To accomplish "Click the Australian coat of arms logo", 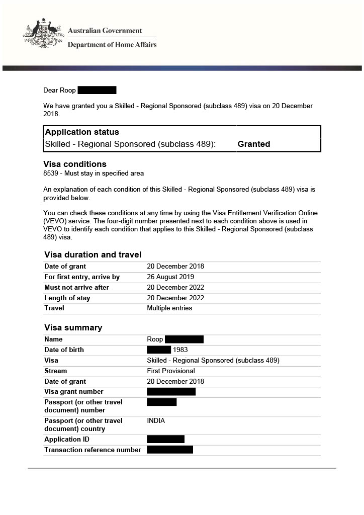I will (x=42, y=34).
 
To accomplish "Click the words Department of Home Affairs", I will (x=112, y=45).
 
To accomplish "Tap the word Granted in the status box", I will (x=253, y=144).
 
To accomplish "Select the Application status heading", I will (x=82, y=132).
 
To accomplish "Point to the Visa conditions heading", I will (x=75, y=164).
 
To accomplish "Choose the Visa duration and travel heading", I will (x=93, y=254).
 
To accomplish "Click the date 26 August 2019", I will (x=170, y=277).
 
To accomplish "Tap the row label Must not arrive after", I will (x=76, y=288).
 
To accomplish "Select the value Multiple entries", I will (x=169, y=308).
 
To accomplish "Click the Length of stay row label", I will (x=67, y=298).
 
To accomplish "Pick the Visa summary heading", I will (x=73, y=328).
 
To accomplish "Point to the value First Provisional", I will (x=170, y=371).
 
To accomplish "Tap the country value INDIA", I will (x=156, y=421).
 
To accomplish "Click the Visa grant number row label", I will (x=74, y=392).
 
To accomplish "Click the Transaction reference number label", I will (x=93, y=450).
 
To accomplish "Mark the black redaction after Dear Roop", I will (x=97, y=91).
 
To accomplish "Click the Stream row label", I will (x=56, y=371).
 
